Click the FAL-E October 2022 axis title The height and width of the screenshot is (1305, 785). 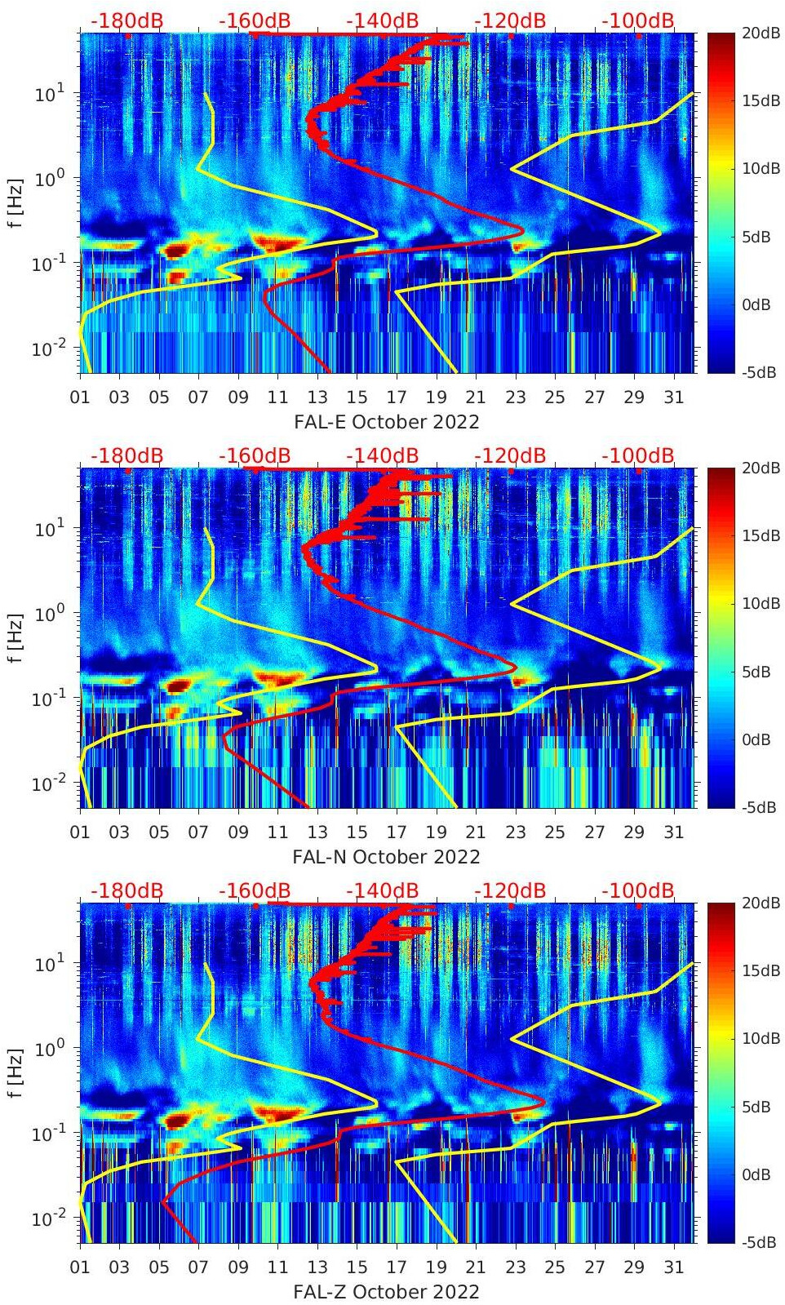click(386, 422)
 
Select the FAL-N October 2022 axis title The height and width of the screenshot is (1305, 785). click(386, 857)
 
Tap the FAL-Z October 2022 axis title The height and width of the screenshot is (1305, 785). click(386, 1292)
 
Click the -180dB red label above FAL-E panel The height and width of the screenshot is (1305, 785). click(126, 20)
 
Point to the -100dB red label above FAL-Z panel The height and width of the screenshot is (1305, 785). click(637, 890)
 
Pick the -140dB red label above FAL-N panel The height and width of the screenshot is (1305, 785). click(382, 455)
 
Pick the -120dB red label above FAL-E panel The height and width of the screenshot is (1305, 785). click(510, 20)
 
